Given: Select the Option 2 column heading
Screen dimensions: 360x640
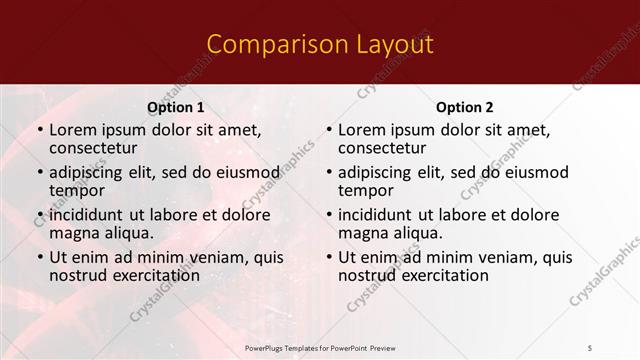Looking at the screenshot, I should tap(464, 107).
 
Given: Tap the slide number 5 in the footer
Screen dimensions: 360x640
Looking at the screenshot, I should tap(589, 347).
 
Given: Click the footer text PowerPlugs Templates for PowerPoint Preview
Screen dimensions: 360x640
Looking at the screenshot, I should tap(321, 347).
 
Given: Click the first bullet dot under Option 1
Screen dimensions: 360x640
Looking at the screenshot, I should tap(40, 130).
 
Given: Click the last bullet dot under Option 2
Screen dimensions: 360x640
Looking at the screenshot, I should tap(329, 258).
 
